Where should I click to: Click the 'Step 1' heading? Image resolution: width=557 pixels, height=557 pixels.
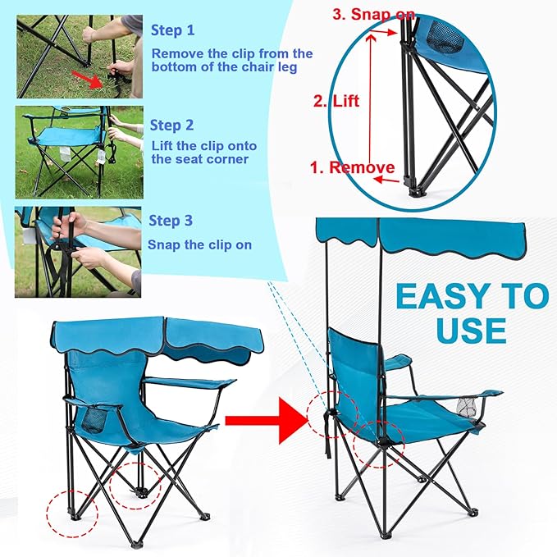point(173,30)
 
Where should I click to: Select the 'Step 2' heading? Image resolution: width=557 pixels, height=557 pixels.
point(171,126)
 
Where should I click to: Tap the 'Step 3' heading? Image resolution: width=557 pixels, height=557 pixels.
point(171,221)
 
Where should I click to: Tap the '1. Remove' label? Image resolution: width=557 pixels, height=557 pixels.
point(352,167)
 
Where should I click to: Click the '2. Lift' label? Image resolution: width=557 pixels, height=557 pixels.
point(336,102)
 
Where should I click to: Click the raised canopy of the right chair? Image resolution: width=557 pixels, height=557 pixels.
point(419,235)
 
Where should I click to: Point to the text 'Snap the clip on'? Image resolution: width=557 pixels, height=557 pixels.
point(199,244)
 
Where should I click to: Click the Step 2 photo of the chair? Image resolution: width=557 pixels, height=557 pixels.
point(78,152)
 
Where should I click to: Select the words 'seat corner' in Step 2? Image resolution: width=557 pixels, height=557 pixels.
point(189,159)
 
